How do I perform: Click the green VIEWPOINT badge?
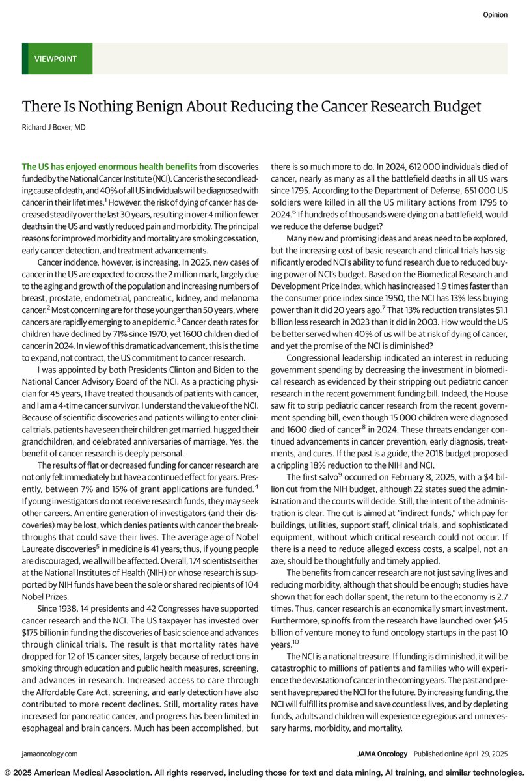tap(57, 59)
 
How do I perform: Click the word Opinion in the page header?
tap(495, 14)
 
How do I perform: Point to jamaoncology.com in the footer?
tap(49, 753)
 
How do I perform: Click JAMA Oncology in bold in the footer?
tap(383, 753)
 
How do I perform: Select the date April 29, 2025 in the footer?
tap(487, 753)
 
